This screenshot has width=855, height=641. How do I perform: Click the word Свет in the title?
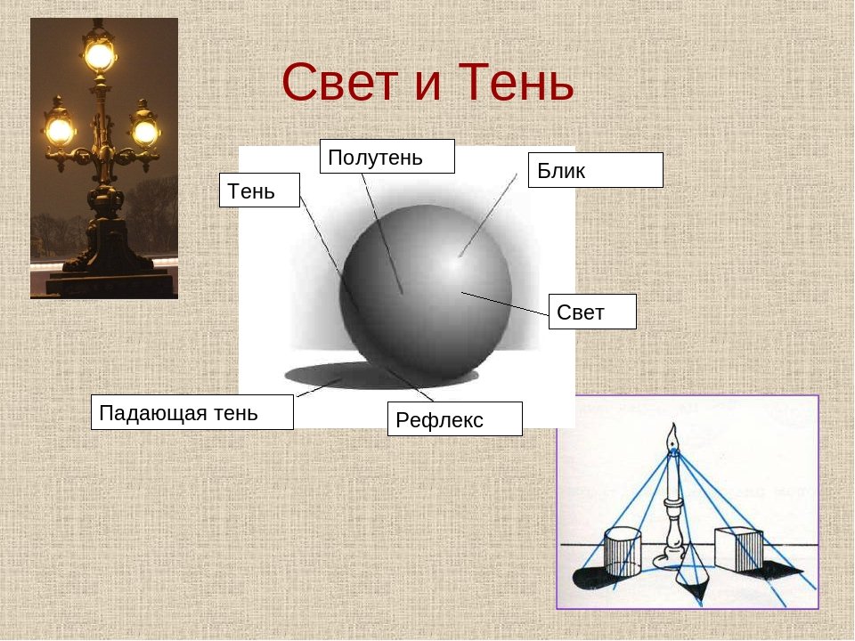pos(340,82)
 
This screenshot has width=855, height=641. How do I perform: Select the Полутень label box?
pos(387,157)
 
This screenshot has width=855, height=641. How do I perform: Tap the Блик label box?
pos(596,170)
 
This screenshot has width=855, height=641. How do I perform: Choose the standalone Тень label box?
pos(259,191)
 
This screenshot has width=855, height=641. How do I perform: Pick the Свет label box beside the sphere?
pos(592,312)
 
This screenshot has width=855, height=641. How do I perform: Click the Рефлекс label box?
pos(455,419)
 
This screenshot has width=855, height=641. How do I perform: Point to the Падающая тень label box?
pos(192,412)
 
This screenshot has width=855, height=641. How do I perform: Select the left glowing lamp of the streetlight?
pos(59,131)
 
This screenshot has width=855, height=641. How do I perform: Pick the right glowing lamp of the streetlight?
pos(144,132)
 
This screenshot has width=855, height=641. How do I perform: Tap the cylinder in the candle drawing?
pos(623,552)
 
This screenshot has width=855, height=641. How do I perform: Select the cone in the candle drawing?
pos(691,572)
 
